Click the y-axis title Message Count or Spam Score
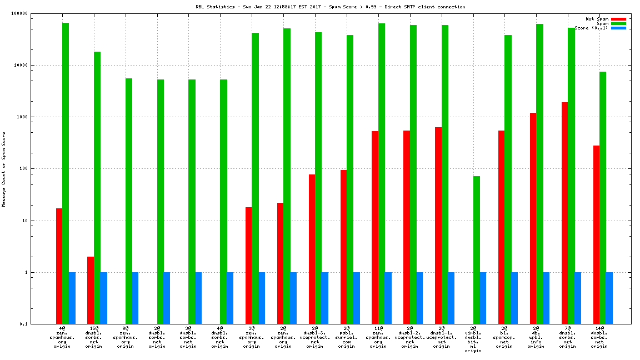click(x=4, y=169)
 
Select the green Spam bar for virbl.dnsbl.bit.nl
click(x=477, y=250)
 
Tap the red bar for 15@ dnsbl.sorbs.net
click(x=91, y=290)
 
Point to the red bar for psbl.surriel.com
click(x=343, y=247)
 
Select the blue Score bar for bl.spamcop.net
click(x=514, y=298)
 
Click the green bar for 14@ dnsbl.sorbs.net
click(x=603, y=198)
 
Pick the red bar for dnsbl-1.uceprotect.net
click(x=438, y=226)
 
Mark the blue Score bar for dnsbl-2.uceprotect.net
click(x=419, y=298)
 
